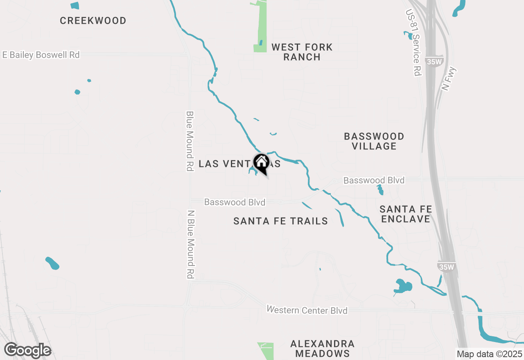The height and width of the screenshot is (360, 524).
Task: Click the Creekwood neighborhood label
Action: pos(93,20)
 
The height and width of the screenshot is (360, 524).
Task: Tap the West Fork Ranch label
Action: pos(302,52)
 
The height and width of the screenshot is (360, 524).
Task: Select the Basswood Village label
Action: pos(374,141)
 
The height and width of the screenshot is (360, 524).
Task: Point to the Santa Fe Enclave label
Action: pos(406,214)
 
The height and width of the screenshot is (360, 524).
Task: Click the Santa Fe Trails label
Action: pos(280,221)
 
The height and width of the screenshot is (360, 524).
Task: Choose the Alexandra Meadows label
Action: pos(323,348)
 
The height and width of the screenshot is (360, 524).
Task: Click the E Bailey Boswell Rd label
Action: pos(41,55)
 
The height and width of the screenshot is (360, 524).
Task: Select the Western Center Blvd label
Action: pos(307,310)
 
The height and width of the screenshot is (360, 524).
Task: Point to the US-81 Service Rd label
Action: pos(414,43)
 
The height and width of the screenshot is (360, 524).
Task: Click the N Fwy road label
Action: pos(449,79)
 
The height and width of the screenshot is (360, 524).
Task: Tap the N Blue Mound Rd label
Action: pos(190,245)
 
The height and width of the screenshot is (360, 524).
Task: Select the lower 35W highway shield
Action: pos(446,266)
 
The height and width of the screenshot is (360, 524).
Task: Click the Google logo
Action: pos(27,350)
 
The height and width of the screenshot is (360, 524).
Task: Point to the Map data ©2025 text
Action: pos(489,354)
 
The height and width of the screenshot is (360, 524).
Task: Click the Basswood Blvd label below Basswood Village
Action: pos(374,180)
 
